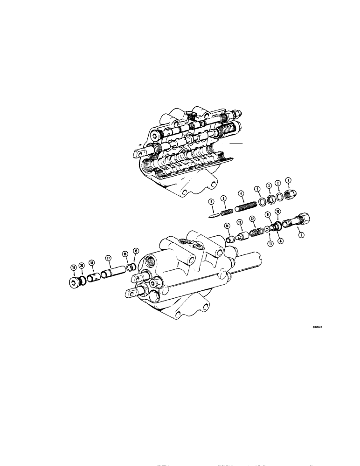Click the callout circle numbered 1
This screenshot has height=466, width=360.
tap(288, 179)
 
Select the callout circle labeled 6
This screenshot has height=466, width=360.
tap(211, 202)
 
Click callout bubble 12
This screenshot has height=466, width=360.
tap(252, 218)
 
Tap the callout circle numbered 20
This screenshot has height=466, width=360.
tap(82, 265)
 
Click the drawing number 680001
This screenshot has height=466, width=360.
tap(318, 327)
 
